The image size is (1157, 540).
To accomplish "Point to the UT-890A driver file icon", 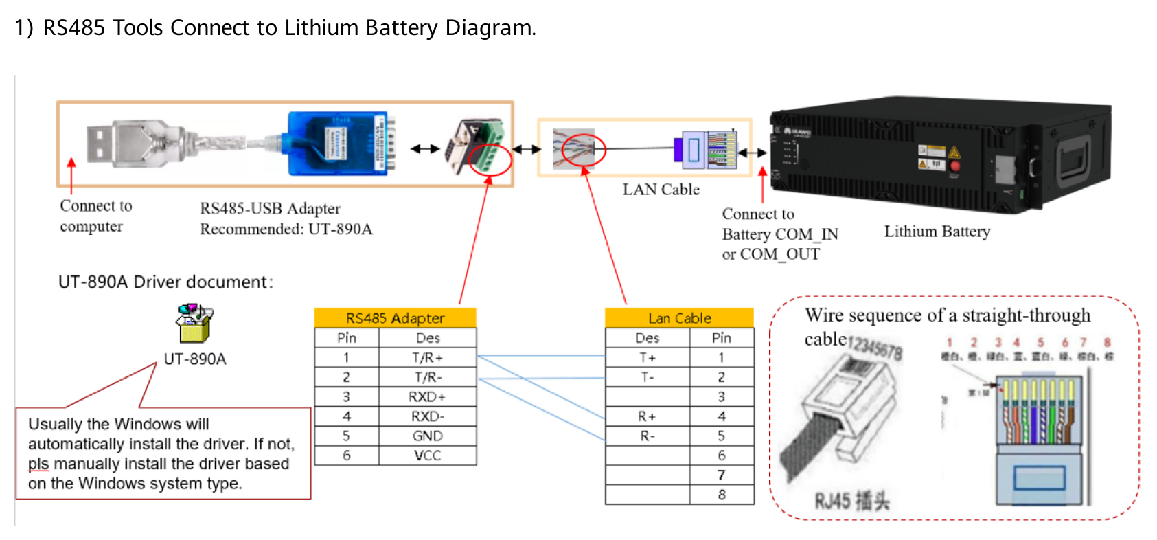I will (x=194, y=323).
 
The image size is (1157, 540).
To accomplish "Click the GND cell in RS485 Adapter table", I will (x=427, y=436).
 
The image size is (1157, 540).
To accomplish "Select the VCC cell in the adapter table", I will (x=427, y=455).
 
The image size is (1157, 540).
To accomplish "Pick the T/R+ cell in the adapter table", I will (x=427, y=358).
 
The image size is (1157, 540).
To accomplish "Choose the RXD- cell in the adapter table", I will (x=427, y=416).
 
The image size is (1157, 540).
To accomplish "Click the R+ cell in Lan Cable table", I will (x=647, y=416).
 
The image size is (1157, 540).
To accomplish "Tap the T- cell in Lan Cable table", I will (x=647, y=377).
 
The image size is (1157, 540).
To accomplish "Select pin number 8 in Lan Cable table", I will (x=721, y=495).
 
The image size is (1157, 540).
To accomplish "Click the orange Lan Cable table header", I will (x=679, y=318).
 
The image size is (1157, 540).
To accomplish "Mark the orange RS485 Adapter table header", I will (x=395, y=318).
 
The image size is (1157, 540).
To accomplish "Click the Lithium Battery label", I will (x=937, y=232).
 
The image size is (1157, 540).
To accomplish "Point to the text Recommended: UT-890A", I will (x=286, y=229).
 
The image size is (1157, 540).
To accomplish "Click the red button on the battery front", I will (x=954, y=166).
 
